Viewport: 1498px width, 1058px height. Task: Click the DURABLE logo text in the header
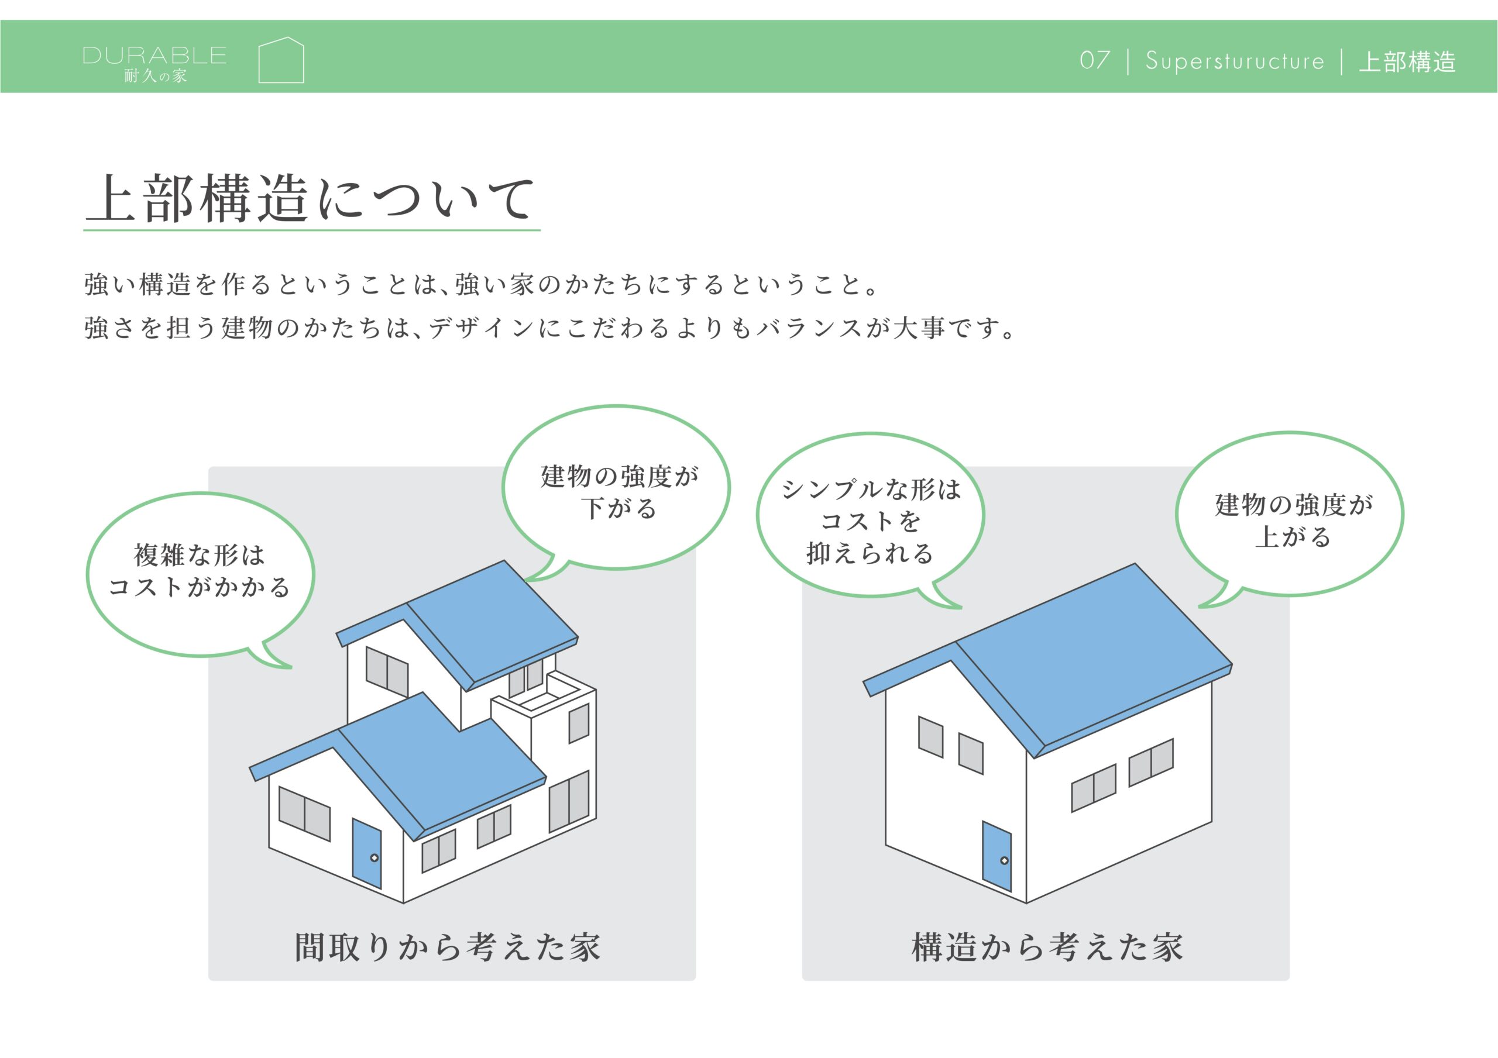pos(154,56)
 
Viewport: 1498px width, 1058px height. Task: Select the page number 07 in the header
pos(1095,60)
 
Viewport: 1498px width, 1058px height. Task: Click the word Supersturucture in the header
pos(1235,61)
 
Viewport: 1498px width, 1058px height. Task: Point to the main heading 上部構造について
pos(311,198)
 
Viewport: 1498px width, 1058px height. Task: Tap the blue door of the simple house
pos(997,856)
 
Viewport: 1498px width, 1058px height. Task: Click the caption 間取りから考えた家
pos(448,947)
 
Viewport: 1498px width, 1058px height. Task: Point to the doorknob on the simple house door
pos(1004,861)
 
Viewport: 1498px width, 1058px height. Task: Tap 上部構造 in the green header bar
pos(1407,62)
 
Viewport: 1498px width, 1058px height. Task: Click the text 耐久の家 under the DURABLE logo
pos(155,76)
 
